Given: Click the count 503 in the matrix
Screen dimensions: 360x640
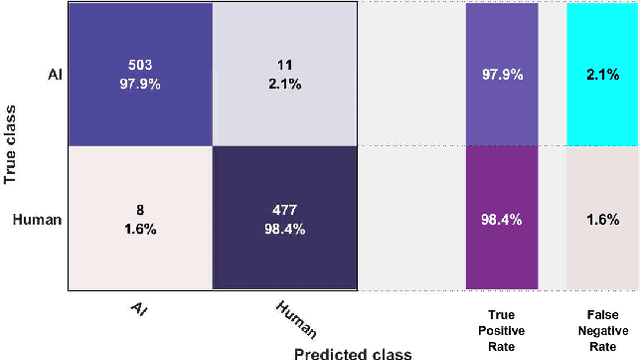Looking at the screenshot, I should click(139, 65).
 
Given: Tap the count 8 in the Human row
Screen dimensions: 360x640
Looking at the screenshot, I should click(139, 211).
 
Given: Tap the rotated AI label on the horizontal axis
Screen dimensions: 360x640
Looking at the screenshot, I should click(140, 308).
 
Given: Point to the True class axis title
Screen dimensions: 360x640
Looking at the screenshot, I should click(12, 148).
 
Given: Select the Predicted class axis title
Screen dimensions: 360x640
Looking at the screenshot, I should click(352, 352).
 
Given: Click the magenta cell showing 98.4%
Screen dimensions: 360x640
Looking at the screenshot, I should click(501, 219).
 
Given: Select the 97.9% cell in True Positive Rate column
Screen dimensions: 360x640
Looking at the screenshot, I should click(501, 73).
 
